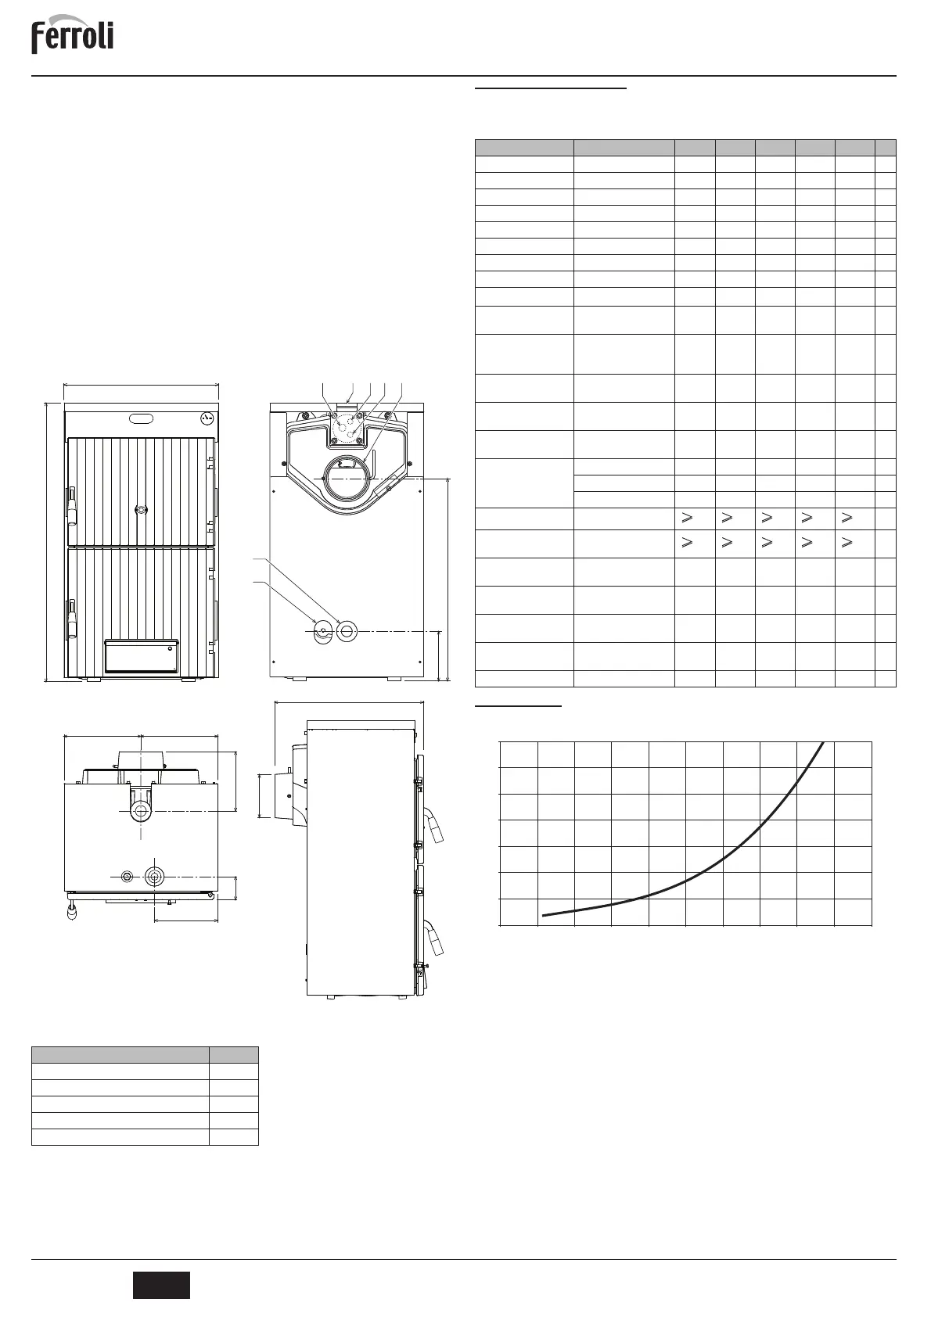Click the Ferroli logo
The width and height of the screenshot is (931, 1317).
(72, 38)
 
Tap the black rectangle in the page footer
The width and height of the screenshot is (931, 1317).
(161, 1285)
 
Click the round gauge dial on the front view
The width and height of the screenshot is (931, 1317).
(207, 418)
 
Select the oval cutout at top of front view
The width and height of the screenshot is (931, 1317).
(142, 418)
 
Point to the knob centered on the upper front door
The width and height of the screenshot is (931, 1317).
(140, 509)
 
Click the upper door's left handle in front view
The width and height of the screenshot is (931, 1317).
(71, 504)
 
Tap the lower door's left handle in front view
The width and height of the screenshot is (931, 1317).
(71, 619)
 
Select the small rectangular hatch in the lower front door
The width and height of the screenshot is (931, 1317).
(141, 655)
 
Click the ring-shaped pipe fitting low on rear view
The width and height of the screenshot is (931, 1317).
(347, 630)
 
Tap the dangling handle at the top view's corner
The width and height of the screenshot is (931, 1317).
(73, 910)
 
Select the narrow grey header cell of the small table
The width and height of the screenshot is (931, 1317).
(233, 1054)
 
